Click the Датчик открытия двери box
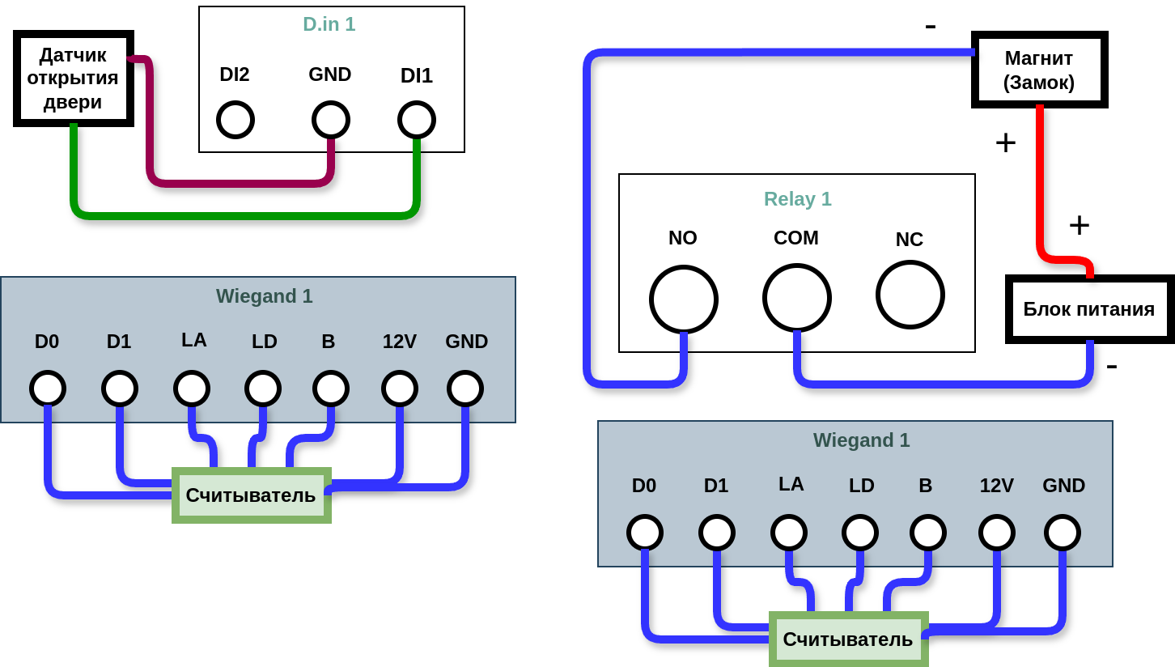73,78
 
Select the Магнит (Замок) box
1039,70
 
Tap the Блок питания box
1089,309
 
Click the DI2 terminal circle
235,120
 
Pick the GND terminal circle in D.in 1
331,120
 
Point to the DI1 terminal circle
417,120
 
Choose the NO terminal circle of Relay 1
684,300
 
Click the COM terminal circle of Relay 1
797,298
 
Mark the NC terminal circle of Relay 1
910,295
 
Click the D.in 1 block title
329,24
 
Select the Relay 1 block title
798,199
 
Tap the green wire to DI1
243,216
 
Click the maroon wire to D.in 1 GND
243,183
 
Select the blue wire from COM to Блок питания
939,384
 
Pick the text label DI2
235,74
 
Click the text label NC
910,240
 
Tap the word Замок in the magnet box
1039,83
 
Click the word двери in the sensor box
73,101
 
